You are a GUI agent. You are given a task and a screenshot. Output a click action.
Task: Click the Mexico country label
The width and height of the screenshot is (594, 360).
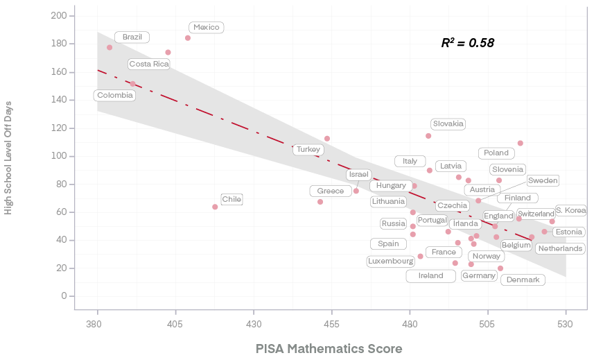(x=207, y=28)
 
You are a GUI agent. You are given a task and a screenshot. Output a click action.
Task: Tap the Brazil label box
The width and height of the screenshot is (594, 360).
(x=132, y=37)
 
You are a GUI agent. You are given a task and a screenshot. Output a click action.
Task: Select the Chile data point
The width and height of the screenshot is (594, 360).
(x=215, y=207)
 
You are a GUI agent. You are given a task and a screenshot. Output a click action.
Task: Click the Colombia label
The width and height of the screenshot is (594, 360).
(x=115, y=96)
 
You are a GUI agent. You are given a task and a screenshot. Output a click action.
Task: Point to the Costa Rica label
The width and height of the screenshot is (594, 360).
(x=149, y=65)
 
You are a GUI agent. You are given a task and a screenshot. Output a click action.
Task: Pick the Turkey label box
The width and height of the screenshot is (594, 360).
(x=308, y=150)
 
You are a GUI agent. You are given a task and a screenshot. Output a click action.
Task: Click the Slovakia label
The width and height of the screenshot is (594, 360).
(x=448, y=124)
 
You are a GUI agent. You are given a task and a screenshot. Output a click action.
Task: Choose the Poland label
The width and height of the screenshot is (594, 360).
(x=496, y=153)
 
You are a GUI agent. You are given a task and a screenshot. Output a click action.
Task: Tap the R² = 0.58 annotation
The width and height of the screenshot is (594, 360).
(x=468, y=43)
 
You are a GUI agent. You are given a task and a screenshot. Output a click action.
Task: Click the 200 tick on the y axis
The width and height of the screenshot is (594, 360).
(x=63, y=16)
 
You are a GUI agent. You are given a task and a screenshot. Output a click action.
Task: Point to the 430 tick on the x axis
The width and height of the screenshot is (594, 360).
(x=254, y=324)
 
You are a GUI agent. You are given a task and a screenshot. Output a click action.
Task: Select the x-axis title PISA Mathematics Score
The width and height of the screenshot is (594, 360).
(x=329, y=348)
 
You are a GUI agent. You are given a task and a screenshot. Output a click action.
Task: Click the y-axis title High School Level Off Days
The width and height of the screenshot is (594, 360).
(x=9, y=156)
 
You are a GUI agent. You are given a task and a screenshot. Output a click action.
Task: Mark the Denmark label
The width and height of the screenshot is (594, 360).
(x=523, y=280)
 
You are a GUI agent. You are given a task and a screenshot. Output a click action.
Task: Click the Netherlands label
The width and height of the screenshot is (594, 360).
(x=560, y=248)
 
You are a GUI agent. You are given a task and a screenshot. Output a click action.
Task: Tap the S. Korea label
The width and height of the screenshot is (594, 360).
(x=570, y=210)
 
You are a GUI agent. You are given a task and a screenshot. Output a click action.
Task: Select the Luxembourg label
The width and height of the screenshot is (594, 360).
(x=391, y=262)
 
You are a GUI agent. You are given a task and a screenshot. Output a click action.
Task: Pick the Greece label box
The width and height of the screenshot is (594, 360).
(x=331, y=191)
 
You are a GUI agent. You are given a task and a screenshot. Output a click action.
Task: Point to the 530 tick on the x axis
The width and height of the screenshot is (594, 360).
(x=566, y=324)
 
